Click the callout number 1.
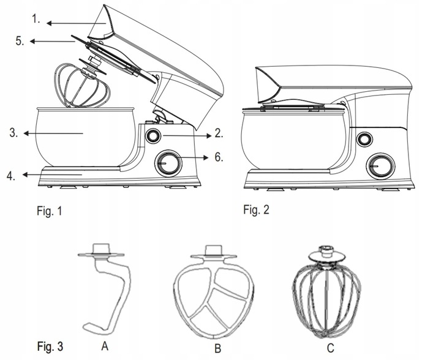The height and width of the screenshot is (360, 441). [x=37, y=18]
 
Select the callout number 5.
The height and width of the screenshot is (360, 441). [x=20, y=42]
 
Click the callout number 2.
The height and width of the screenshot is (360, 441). [x=219, y=132]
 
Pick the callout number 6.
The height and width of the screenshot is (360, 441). [x=219, y=157]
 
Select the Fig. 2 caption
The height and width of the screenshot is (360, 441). [x=256, y=210]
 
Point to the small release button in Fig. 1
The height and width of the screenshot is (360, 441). [x=153, y=135]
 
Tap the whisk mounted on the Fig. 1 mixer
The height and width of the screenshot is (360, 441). [x=86, y=86]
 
